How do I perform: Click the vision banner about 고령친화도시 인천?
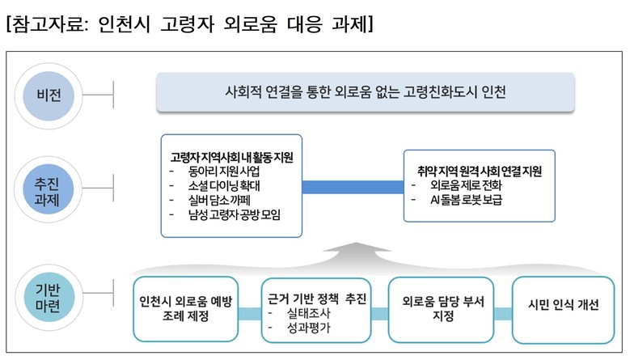pos(365,91)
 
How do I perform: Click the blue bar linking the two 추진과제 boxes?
pos(353,187)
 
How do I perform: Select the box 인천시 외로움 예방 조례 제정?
pos(185,307)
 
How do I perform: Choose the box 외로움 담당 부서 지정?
pos(442,307)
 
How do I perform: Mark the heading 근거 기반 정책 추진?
pos(317,299)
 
